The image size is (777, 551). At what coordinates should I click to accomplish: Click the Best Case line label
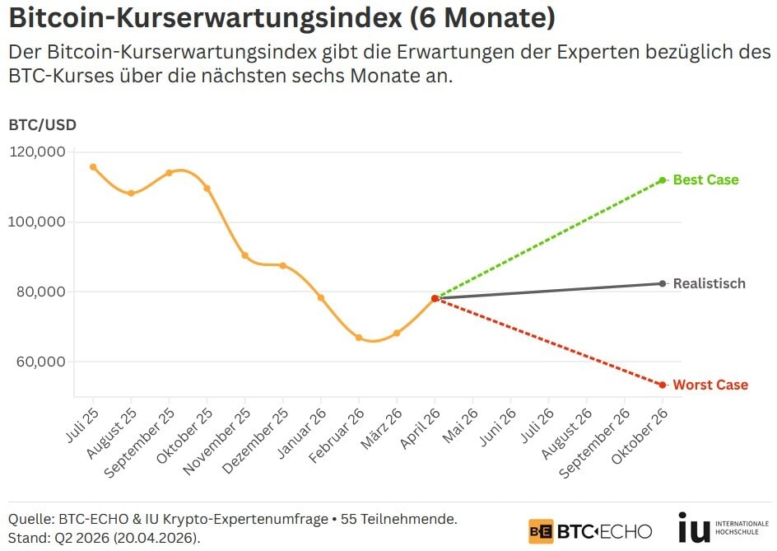705,180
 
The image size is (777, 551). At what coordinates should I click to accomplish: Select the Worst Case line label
710,385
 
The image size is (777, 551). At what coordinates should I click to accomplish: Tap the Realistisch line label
709,283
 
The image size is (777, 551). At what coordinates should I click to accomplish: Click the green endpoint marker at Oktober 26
662,180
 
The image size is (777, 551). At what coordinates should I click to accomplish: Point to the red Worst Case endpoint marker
662,385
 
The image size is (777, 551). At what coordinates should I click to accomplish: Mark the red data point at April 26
435,298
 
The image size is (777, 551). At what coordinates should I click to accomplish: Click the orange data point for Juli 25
93,167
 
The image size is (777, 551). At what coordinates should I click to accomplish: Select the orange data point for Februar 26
359,338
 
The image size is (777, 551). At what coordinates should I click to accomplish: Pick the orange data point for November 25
245,255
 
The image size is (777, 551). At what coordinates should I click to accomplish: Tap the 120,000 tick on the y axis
37,152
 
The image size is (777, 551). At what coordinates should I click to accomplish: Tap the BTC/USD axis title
42,125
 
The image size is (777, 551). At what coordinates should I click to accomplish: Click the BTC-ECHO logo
590,530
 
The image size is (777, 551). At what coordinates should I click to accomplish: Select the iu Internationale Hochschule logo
722,528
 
